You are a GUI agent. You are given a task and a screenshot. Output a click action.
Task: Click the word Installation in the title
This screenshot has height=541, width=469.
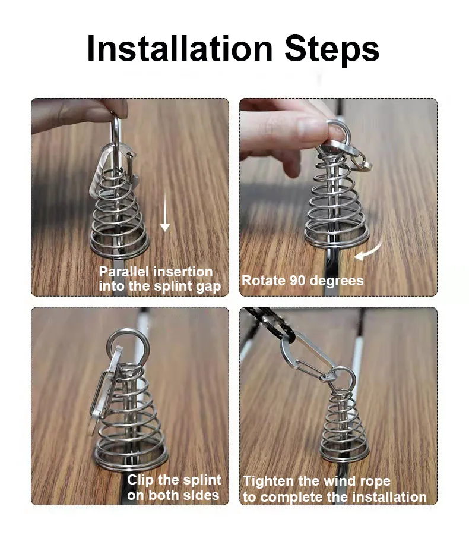coord(180,48)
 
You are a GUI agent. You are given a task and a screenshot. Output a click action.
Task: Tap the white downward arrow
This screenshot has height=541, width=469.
coord(165,210)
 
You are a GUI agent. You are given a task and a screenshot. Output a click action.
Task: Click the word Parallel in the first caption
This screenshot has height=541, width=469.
coord(125,272)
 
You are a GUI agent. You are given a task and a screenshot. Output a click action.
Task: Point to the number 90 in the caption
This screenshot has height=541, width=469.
coord(297,281)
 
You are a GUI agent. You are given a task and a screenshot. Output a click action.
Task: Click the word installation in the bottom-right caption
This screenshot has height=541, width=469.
coord(389,497)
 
